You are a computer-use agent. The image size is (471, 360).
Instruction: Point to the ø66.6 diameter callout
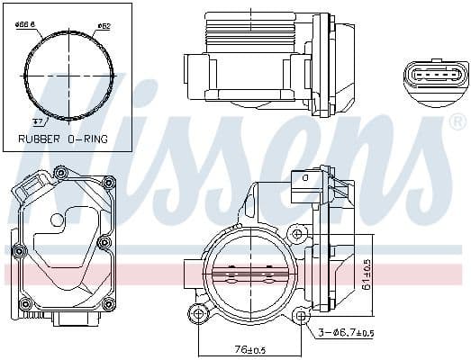pyautogui.click(x=25, y=25)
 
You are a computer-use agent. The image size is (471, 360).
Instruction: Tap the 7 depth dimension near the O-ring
pyautogui.click(x=37, y=120)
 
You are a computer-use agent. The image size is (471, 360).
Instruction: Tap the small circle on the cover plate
pyautogui.click(x=57, y=219)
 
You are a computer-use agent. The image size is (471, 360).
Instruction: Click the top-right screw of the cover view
pyautogui.click(x=110, y=183)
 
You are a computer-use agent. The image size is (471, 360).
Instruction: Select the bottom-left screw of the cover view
pyautogui.click(x=16, y=300)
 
